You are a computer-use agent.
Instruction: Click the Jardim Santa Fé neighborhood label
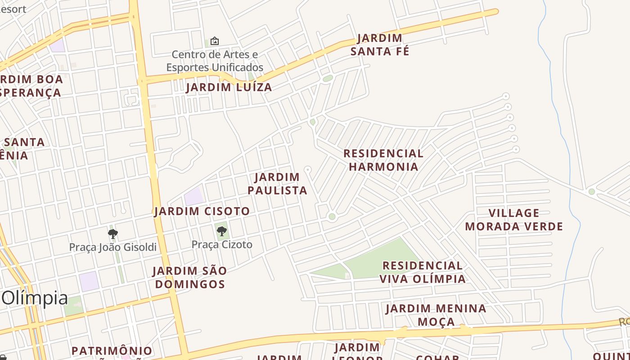pyautogui.click(x=380, y=45)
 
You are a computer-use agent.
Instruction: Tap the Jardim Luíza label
pyautogui.click(x=229, y=87)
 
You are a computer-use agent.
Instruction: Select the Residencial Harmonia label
pyautogui.click(x=383, y=160)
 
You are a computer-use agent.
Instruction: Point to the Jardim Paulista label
pyautogui.click(x=277, y=184)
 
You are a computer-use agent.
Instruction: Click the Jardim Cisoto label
pyautogui.click(x=202, y=211)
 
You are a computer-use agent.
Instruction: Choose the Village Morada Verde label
pyautogui.click(x=514, y=220)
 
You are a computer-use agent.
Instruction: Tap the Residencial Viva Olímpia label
pyautogui.click(x=423, y=272)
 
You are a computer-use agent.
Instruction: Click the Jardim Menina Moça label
pyautogui.click(x=436, y=315)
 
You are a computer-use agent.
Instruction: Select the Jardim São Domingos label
pyautogui.click(x=189, y=277)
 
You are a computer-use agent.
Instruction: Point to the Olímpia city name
pyautogui.click(x=35, y=298)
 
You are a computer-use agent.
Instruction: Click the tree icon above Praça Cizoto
pyautogui.click(x=221, y=231)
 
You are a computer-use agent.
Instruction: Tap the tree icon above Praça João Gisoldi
pyautogui.click(x=113, y=234)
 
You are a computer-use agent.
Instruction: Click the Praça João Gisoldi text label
pyautogui.click(x=113, y=247)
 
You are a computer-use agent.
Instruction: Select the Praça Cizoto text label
pyautogui.click(x=222, y=244)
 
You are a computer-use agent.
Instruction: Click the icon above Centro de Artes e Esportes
pyautogui.click(x=215, y=41)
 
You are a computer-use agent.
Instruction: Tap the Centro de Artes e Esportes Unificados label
pyautogui.click(x=215, y=61)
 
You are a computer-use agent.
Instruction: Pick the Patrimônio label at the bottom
pyautogui.click(x=112, y=351)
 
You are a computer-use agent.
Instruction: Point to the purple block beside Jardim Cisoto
pyautogui.click(x=194, y=197)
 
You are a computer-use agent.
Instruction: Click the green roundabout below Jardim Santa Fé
pyautogui.click(x=328, y=78)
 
